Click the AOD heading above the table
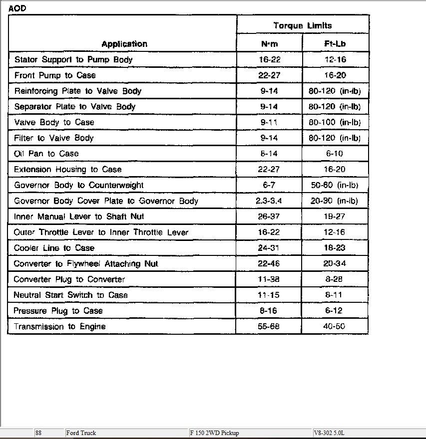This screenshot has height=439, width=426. pos(17,8)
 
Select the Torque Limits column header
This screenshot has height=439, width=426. pos(303,25)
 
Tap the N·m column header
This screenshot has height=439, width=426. pos(270,44)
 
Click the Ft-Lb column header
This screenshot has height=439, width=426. pos(335,44)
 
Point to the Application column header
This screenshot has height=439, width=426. pos(124,44)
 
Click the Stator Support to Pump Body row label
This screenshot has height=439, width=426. pos(73,60)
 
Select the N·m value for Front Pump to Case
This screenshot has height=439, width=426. pos(270,75)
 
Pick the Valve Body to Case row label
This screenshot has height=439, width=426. pos(54,122)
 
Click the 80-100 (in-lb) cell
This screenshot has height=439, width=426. pos(335,122)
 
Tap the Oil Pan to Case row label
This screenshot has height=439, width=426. pos(46,154)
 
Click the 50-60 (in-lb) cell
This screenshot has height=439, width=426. pos(335,185)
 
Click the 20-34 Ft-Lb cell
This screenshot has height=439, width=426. pos(335,263)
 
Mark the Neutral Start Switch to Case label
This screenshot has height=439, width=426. pos(70,295)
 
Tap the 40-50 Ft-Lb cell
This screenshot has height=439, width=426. pos(335,326)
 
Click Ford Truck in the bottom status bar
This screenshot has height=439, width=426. pos(81,433)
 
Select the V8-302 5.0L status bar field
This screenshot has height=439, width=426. pos(329,433)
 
